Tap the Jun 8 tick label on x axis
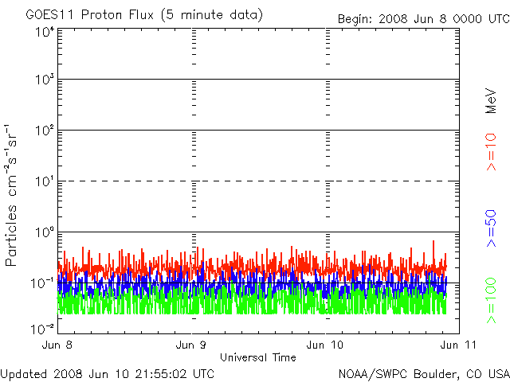tap(58, 345)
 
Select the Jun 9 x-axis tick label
tap(192, 345)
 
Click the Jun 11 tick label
tap(457, 345)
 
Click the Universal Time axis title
tap(258, 358)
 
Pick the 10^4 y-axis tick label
tap(45, 32)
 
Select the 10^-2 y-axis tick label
tap(43, 328)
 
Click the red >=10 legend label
tap(492, 151)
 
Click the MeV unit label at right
tap(492, 100)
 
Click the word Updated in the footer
tap(23, 373)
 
